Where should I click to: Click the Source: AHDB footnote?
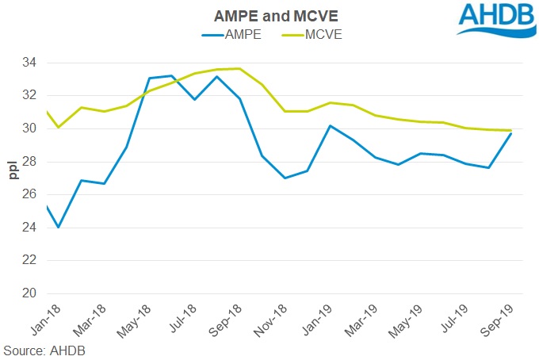tap(44, 350)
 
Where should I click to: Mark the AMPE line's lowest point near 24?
tap(59, 228)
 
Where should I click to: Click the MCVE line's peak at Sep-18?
tap(239, 68)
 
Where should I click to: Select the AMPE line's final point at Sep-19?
tap(511, 133)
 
